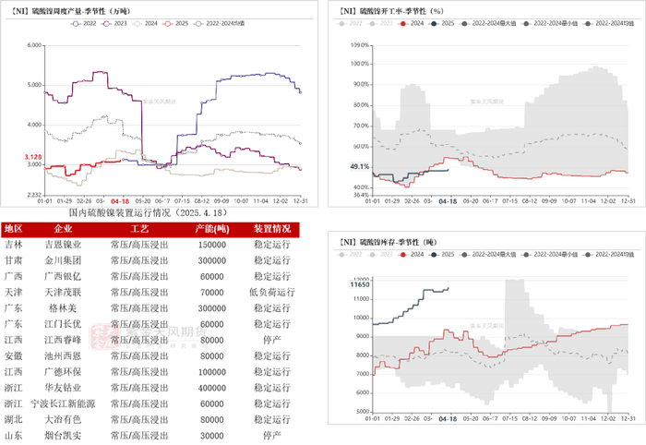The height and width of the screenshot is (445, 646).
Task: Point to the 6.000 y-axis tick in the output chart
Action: click(x=34, y=45)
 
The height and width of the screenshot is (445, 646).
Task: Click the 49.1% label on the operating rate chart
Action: click(x=359, y=167)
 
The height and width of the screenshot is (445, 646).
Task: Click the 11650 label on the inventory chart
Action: click(x=360, y=285)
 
